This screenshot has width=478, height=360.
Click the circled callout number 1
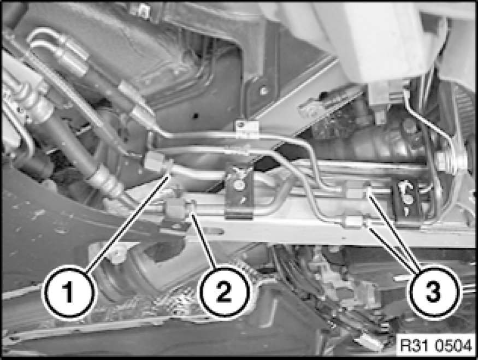(x=69, y=293)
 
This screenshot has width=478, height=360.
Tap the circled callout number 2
(x=224, y=292)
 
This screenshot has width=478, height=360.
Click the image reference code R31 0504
(x=436, y=345)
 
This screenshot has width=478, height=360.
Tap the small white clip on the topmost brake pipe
(x=247, y=129)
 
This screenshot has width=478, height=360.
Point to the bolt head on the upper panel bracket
(x=263, y=90)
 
